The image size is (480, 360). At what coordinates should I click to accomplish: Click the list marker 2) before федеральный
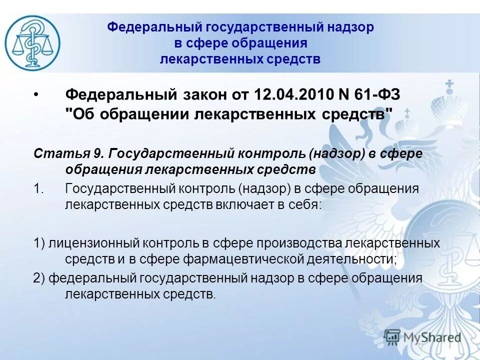pos(39,278)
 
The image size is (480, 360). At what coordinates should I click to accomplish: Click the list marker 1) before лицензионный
pos(39,243)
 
